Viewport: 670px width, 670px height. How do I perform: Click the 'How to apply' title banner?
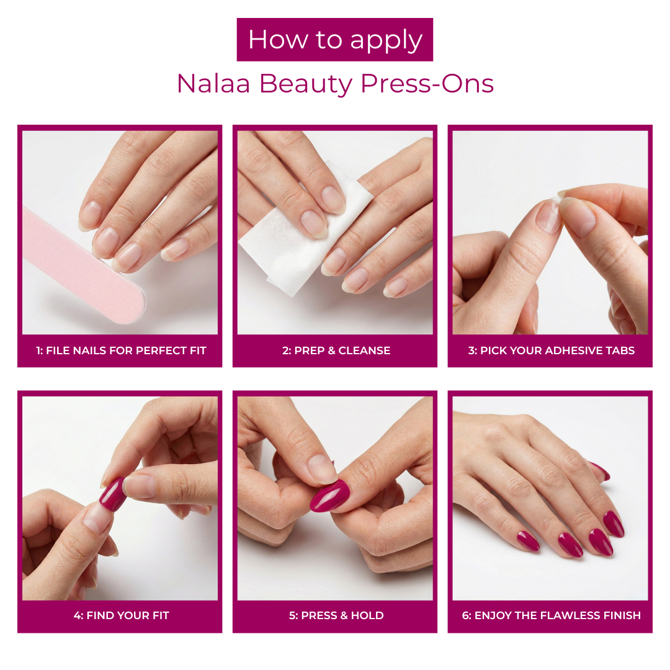pyautogui.click(x=335, y=40)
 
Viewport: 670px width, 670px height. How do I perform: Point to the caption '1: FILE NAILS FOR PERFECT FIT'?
pyautogui.click(x=120, y=351)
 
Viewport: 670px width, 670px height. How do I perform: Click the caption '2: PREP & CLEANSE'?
pyautogui.click(x=336, y=351)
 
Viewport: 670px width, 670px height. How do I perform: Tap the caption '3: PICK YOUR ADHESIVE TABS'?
pyautogui.click(x=551, y=351)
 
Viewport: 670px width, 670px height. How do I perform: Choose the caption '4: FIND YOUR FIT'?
pyautogui.click(x=121, y=616)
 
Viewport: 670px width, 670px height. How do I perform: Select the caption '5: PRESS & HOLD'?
pyautogui.click(x=336, y=616)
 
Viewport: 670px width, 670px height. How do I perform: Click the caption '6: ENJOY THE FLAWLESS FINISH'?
pyautogui.click(x=551, y=616)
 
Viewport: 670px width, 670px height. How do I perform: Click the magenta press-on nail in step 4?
pyautogui.click(x=112, y=494)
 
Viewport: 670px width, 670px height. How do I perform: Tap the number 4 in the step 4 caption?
pyautogui.click(x=77, y=616)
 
